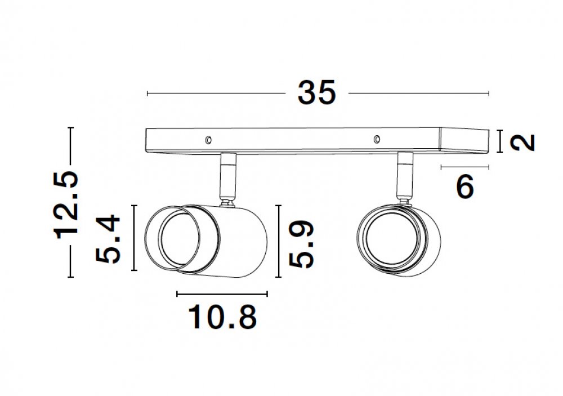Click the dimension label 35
[x=316, y=93]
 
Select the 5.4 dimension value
[x=108, y=239]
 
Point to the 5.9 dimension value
[x=301, y=244]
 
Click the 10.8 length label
[x=222, y=317]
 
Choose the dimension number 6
[x=465, y=187]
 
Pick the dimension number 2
[x=523, y=143]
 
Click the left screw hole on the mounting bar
[x=208, y=140]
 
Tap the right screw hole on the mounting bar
[x=377, y=139]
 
